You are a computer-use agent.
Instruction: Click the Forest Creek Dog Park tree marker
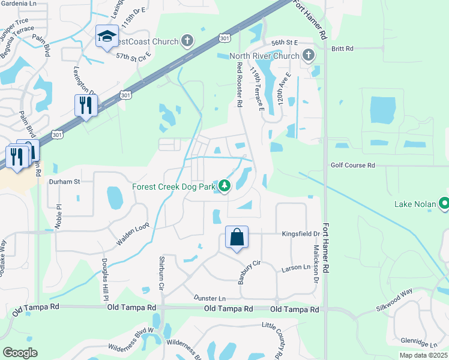coord(224,187)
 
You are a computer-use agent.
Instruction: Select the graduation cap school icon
coord(107,37)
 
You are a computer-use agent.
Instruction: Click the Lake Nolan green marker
coord(445,204)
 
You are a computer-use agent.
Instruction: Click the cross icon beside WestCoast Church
coord(188,41)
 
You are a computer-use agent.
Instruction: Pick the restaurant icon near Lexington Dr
coord(86,106)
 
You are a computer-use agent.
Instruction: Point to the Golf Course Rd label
coord(352,165)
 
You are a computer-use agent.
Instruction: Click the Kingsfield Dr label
coord(301,233)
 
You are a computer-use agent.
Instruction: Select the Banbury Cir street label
coord(248,271)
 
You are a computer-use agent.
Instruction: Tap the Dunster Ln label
coord(209,298)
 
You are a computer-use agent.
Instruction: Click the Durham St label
coord(64,181)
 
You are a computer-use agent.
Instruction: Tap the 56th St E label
coord(285,43)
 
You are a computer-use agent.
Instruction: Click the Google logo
coord(20,353)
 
